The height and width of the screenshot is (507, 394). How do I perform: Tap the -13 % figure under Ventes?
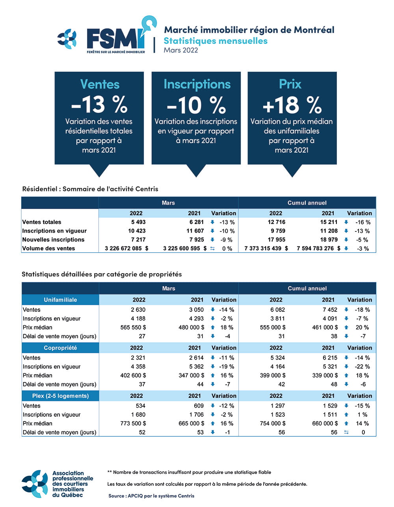pos(99,104)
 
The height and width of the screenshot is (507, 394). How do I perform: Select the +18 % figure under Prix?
pos(292,105)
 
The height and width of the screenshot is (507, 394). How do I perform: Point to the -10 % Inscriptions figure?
pos(196,105)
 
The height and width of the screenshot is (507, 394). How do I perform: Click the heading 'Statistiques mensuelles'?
pos(216,41)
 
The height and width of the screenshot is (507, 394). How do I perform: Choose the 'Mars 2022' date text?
pos(181,50)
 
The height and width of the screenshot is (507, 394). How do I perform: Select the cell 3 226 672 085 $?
pos(126,248)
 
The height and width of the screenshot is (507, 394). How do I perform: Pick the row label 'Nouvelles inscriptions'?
pos(53,240)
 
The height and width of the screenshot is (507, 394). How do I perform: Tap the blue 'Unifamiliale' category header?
pos(60,300)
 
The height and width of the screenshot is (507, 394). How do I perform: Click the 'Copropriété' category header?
pos(60,348)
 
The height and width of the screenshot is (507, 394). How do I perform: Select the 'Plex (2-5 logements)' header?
pos(60,396)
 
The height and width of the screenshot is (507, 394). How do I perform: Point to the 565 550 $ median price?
pos(133,327)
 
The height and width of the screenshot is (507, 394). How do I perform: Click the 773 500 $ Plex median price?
pos(133,423)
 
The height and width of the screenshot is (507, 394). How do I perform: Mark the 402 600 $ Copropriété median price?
pos(133,375)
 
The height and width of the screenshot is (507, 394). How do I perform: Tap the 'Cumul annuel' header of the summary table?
pos(307,203)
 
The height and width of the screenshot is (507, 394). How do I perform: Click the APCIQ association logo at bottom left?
pos(58,484)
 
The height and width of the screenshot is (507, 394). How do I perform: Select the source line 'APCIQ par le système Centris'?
pos(151,496)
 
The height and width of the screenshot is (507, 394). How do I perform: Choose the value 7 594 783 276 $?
pos(318,248)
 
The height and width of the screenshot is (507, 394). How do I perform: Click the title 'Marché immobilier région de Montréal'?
pos(249,30)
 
